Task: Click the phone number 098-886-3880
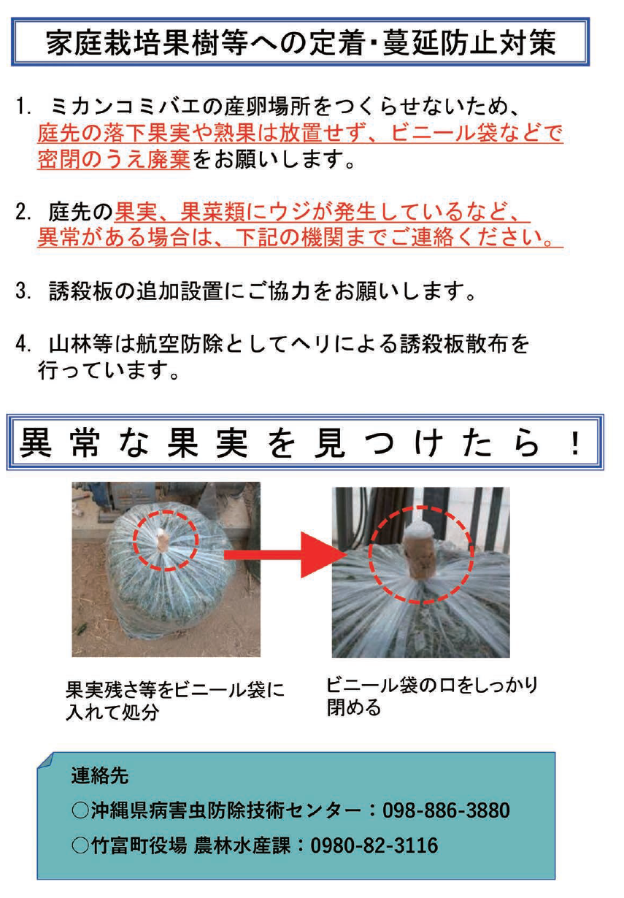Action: coord(446,810)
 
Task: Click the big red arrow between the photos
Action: coord(285,555)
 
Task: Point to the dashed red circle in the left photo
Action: coord(166,540)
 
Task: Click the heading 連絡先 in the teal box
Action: coord(100,775)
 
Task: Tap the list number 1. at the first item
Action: coord(23,107)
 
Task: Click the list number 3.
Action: coord(23,291)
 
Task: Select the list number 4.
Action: coord(23,344)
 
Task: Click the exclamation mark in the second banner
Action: coord(575,442)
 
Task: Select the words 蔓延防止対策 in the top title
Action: coord(469,42)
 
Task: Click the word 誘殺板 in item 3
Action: coord(80,291)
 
